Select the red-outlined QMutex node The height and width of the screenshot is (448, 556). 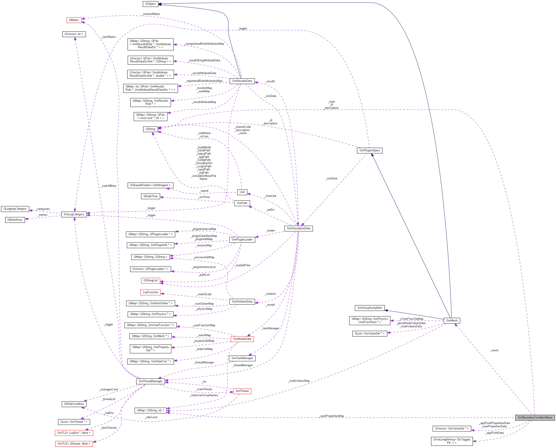click(74, 20)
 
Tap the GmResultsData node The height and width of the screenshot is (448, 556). click(242, 81)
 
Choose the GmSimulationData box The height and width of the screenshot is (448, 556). click(298, 228)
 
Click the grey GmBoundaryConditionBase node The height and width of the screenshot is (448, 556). click(535, 417)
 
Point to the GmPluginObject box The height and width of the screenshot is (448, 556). click(369, 150)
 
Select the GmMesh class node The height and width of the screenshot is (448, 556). click(452, 321)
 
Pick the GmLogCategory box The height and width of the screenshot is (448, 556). click(74, 214)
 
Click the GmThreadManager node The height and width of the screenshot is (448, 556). click(150, 381)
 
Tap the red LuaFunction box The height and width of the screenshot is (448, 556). click(150, 292)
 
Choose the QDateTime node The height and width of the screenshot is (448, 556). click(150, 196)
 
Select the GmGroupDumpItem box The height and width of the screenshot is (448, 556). click(369, 308)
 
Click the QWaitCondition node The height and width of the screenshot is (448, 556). click(74, 404)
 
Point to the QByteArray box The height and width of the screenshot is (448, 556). click(15, 220)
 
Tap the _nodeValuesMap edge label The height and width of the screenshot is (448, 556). click(299, 381)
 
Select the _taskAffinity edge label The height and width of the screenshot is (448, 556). click(109, 186)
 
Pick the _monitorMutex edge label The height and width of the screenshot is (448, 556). click(151, 14)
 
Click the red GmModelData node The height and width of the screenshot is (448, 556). click(242, 339)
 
